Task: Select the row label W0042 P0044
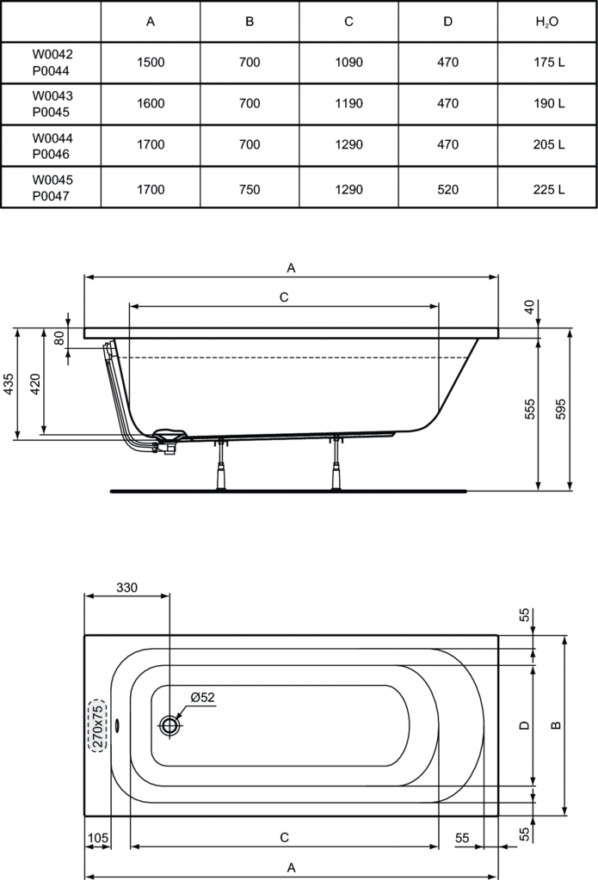[x=52, y=62]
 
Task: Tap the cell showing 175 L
[x=548, y=62]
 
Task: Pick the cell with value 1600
[x=151, y=103]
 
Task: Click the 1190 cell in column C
[x=348, y=103]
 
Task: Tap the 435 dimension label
[x=8, y=383]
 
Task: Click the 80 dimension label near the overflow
[x=59, y=338]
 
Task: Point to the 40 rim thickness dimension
[x=529, y=306]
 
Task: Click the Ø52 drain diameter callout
[x=201, y=697]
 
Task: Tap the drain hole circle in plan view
[x=170, y=725]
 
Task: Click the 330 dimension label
[x=126, y=588]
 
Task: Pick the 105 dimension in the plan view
[x=97, y=837]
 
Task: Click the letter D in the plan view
[x=522, y=725]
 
